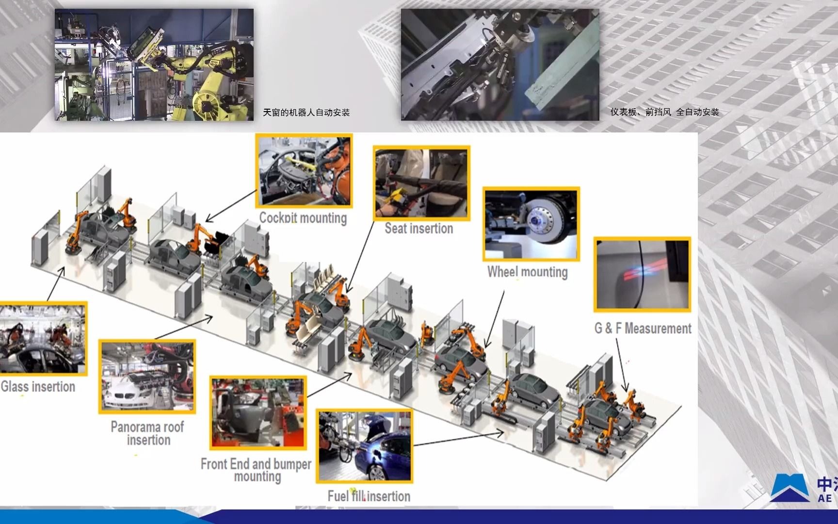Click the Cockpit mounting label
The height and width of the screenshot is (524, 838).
pos(303,218)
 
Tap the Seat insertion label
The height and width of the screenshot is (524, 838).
pos(419,228)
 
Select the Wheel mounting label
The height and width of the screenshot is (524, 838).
pos(528,272)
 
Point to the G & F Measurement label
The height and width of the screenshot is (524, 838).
pos(643,328)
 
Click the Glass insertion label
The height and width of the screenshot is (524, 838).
pos(38,387)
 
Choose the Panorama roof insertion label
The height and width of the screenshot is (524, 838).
pos(147,433)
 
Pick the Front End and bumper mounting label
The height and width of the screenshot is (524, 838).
pos(256,470)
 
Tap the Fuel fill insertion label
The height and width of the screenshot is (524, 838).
pos(369,496)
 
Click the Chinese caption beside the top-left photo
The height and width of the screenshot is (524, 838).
pos(306,113)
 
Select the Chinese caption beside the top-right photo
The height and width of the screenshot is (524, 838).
pos(664,112)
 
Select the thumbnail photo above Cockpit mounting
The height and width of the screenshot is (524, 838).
pos(304,171)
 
